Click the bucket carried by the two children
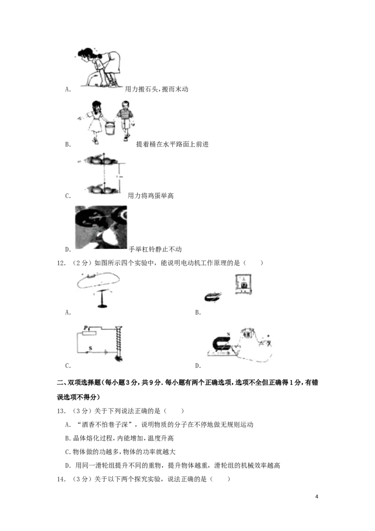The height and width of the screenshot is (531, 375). [110, 128]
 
